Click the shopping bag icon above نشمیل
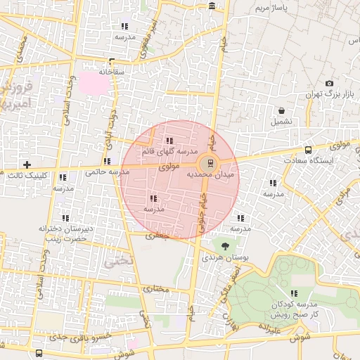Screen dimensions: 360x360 point(282,110)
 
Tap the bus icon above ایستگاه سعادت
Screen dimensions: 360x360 point(309,150)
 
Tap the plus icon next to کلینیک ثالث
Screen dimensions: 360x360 point(27,165)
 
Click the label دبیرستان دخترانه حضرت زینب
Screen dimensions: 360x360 point(66,233)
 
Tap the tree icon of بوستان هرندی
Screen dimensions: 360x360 point(225,246)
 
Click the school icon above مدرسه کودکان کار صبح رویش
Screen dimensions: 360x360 point(293,293)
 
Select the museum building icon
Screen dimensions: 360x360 point(212,6)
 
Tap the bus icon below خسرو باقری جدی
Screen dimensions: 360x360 point(38,354)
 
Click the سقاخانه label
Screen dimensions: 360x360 point(112,72)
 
